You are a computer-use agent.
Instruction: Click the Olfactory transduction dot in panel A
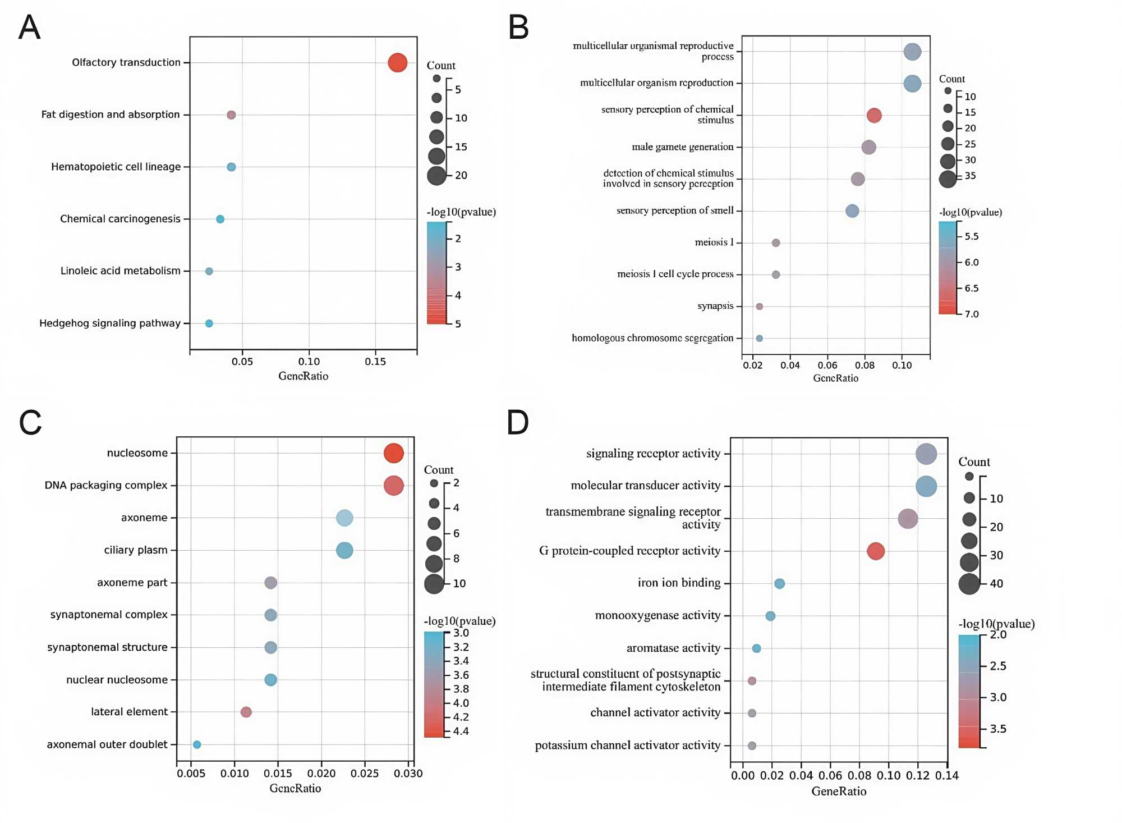tap(397, 62)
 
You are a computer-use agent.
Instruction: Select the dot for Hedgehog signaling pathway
tap(209, 323)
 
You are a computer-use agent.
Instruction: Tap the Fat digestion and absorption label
tap(111, 115)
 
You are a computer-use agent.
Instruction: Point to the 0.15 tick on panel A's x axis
tap(375, 362)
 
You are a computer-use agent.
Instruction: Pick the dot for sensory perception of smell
tap(852, 211)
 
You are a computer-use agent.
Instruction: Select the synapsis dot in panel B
tap(759, 307)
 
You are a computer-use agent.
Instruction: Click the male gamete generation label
tap(682, 147)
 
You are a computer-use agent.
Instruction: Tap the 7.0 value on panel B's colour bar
tap(972, 314)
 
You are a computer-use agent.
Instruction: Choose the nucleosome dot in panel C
tap(393, 453)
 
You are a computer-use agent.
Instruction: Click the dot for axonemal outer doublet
tap(197, 744)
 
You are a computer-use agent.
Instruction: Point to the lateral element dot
tap(246, 712)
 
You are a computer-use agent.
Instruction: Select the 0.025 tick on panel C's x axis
tap(365, 774)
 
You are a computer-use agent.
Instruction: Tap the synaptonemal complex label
tap(109, 615)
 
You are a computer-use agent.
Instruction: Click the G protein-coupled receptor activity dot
tap(875, 551)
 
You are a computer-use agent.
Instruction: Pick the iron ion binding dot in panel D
tap(779, 584)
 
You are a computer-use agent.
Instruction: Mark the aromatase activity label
tap(673, 648)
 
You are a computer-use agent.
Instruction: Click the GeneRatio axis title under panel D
tap(839, 792)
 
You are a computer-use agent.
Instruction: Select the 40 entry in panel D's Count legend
tap(996, 584)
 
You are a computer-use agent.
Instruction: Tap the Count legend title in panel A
tap(441, 66)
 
